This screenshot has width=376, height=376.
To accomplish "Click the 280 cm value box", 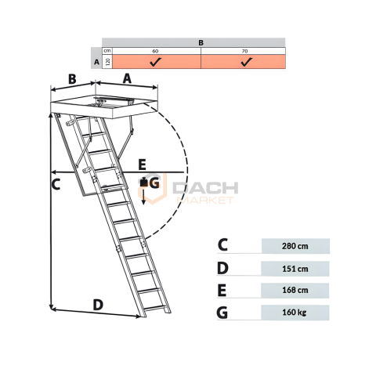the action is [295, 246].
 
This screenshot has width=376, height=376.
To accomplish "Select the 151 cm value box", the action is [295, 269].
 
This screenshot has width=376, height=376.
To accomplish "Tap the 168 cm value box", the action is [295, 291].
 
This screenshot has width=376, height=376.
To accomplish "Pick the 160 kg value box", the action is [295, 313].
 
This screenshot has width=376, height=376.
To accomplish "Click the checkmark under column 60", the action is [156, 62].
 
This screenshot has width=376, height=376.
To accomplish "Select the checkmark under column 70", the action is [247, 62].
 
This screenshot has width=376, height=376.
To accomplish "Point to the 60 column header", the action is [155, 51].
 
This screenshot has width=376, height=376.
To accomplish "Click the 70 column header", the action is [244, 51].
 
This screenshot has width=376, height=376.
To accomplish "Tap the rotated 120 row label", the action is [107, 62].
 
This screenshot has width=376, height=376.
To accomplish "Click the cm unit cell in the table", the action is [107, 51].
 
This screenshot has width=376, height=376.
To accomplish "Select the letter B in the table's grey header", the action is [201, 42].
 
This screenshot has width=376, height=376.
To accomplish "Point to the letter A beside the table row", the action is [96, 63].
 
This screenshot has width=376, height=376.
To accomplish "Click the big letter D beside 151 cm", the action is [222, 269].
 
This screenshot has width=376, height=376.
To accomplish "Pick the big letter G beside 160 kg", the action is [222, 313].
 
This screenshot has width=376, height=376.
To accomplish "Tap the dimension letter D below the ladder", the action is [98, 305].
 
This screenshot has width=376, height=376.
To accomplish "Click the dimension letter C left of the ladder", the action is [56, 184].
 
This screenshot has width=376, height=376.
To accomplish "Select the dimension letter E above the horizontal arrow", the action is [142, 164].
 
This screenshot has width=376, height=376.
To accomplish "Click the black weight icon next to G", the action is [143, 183].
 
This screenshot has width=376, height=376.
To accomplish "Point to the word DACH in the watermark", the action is [205, 188].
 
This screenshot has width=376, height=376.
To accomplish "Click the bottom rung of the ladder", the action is [154, 309].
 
